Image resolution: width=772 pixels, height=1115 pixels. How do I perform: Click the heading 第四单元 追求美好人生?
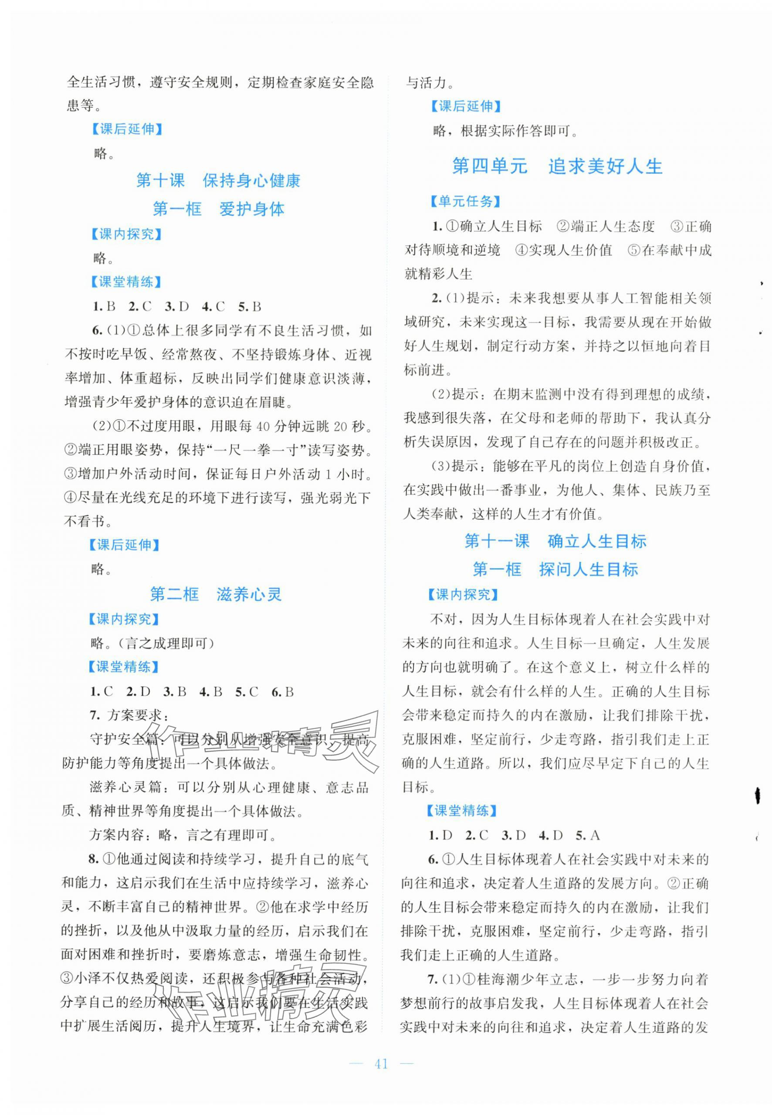pos(557,166)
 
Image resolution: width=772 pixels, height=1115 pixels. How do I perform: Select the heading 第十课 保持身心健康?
pos(218,180)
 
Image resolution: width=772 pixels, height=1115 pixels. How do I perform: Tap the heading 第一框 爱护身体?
pos(218,209)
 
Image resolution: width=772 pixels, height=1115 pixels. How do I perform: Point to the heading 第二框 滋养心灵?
pos(216,594)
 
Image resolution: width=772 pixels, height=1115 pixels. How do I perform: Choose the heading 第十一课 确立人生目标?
pos(555,541)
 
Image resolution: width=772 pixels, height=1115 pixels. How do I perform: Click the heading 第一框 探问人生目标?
pos(555,569)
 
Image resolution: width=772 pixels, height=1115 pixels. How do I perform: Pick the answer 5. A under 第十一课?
pos(588,835)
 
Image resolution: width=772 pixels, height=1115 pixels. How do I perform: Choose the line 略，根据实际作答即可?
pos(505,131)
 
